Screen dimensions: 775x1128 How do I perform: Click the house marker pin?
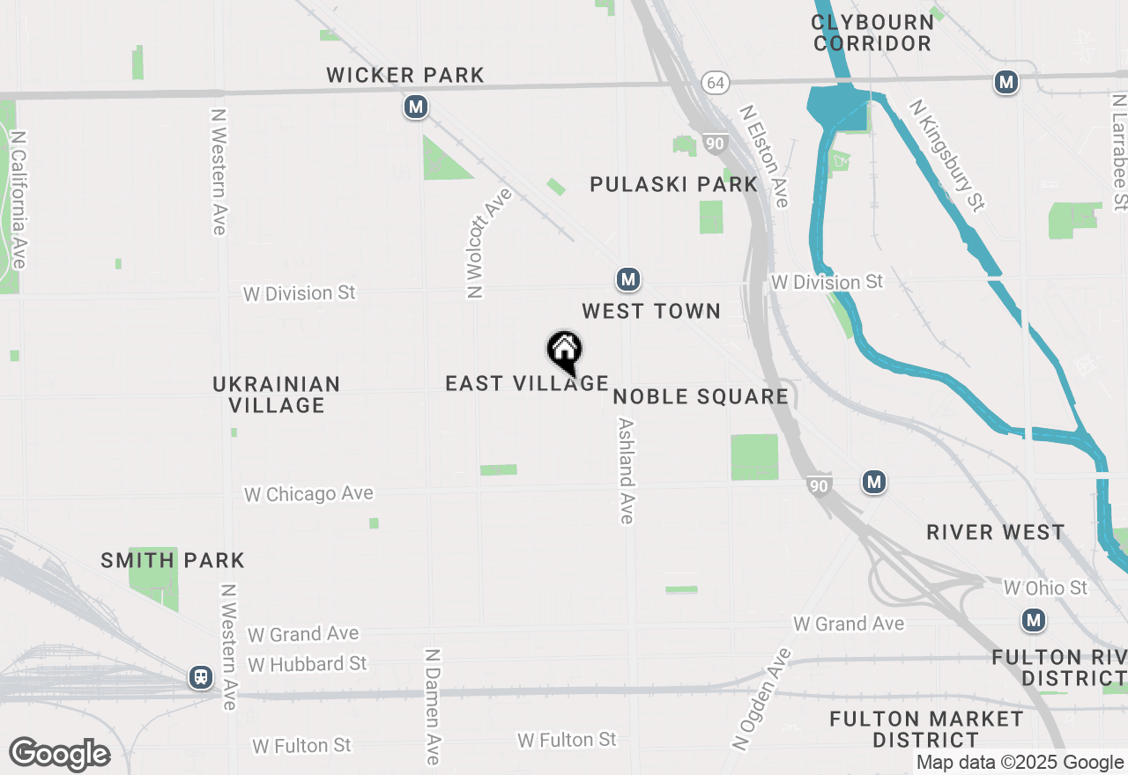[565, 351]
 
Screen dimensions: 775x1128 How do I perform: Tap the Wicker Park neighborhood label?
[405, 76]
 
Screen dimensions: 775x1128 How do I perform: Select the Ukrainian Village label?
[277, 395]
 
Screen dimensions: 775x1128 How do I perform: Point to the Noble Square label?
[701, 396]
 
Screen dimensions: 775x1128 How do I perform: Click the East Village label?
[527, 383]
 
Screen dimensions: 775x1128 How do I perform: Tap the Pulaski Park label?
[674, 184]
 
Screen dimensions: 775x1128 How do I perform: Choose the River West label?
[996, 533]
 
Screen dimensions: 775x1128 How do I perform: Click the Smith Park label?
[173, 560]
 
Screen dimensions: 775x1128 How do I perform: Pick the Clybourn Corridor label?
[872, 33]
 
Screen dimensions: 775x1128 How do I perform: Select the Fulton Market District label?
[927, 730]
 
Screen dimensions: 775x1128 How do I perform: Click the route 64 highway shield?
[716, 83]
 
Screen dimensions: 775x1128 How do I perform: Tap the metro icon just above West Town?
[627, 280]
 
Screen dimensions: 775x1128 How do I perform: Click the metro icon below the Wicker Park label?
[416, 107]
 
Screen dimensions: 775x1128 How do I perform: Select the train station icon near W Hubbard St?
[201, 677]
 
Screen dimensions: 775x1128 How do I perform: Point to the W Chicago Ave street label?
[308, 494]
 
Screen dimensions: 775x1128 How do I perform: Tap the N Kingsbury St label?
[947, 156]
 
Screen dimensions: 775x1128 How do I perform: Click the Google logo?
[60, 754]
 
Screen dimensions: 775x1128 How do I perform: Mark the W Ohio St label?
[1046, 587]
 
